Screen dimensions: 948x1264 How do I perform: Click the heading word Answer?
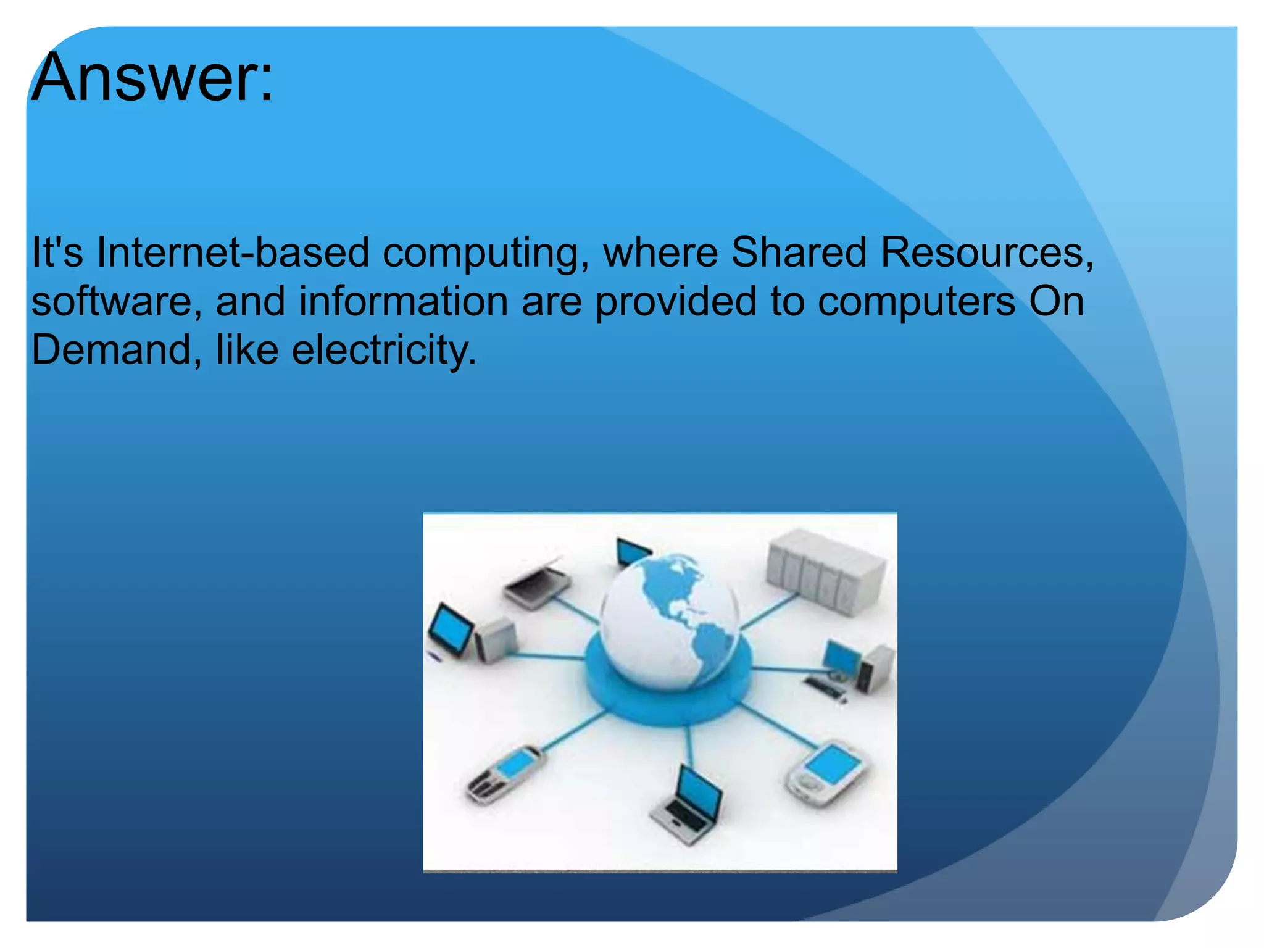152,78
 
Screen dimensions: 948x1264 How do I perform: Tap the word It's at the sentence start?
57,252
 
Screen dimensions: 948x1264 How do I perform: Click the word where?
660,252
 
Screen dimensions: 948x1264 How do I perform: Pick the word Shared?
799,252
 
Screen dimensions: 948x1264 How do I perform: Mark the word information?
404,301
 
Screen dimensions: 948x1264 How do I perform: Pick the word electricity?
383,350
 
